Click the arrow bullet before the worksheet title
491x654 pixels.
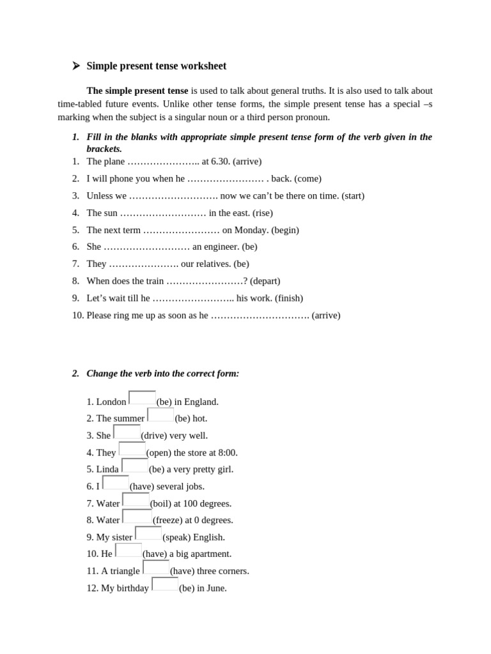[75, 66]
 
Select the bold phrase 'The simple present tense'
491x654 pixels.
[137, 91]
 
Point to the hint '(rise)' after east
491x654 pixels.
[263, 213]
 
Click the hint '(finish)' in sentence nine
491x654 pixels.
[289, 298]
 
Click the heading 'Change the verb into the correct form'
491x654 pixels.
[163, 374]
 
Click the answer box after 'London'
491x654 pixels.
[142, 398]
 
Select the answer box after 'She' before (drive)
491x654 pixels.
[127, 432]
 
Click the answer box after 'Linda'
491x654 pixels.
[135, 466]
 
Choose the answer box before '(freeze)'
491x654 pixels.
[137, 517]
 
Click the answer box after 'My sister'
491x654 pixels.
[148, 533]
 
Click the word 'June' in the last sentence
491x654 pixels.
[216, 588]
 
